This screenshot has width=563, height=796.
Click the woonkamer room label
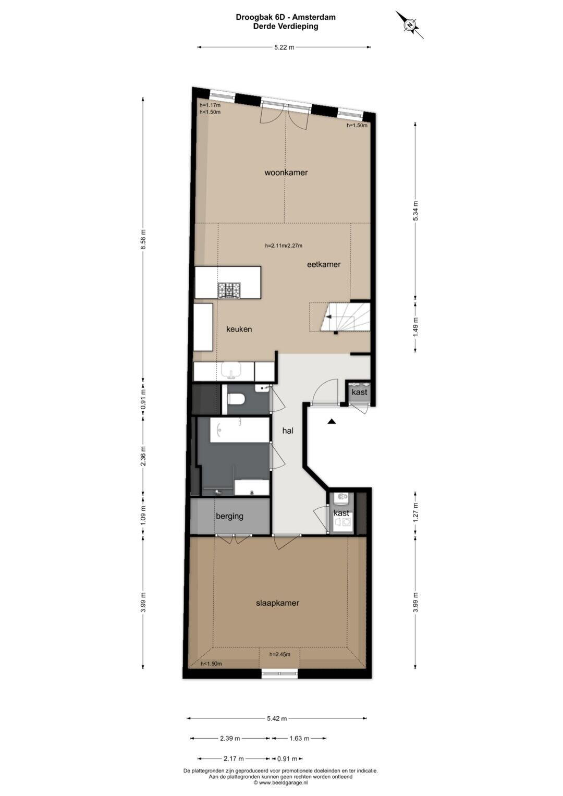286,173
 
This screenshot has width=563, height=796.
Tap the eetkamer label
324,264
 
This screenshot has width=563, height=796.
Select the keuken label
239,329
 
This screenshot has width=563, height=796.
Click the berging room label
229,517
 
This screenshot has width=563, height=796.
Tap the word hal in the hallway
288,431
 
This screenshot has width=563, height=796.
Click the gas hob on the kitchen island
229,290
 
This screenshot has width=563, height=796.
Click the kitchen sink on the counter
231,371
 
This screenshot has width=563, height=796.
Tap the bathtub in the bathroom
240,430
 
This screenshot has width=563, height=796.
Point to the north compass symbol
410,25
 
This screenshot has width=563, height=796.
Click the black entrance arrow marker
331,421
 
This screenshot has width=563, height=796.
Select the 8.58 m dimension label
143,239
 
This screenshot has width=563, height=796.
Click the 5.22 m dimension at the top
284,47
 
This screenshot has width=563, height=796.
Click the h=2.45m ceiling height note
280,654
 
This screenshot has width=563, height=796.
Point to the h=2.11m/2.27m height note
284,246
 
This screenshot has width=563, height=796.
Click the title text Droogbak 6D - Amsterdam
286,17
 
